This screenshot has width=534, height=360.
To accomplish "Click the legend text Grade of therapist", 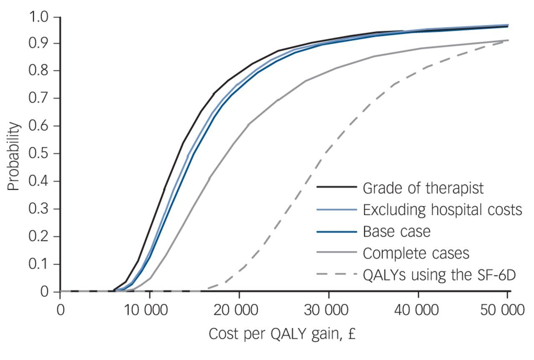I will tap(423, 188).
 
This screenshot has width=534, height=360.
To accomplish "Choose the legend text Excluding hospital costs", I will tap(442, 210).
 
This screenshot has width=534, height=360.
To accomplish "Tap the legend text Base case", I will tap(396, 231).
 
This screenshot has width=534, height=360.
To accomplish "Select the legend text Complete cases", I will tap(416, 253).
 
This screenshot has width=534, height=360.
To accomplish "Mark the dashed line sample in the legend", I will tap(336, 274).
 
